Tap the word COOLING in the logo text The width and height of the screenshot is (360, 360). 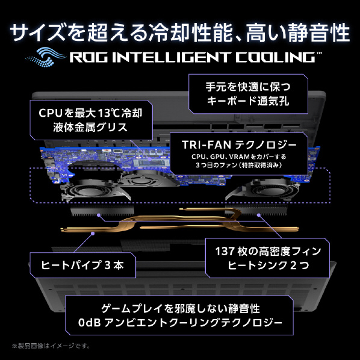[x=276, y=57]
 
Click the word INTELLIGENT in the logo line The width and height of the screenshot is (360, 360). [x=171, y=57]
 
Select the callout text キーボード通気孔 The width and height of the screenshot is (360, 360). [x=248, y=101]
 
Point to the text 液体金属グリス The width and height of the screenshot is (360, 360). [x=90, y=127]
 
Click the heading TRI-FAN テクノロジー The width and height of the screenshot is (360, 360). [x=239, y=145]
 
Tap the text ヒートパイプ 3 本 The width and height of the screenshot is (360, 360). [x=82, y=265]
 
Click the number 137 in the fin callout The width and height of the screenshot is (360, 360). [x=225, y=251]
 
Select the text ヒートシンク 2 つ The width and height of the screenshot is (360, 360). [x=268, y=265]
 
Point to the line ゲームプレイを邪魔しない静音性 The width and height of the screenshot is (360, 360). [x=181, y=309]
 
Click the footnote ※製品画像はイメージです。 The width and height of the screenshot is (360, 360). [x=51, y=346]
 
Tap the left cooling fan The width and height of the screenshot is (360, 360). [x=90, y=191]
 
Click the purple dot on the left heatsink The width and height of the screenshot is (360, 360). [x=99, y=215]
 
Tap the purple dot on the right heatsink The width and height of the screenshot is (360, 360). [x=259, y=215]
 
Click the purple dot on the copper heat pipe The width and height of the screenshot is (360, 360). [x=93, y=234]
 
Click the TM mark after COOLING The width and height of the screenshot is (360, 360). [x=319, y=53]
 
